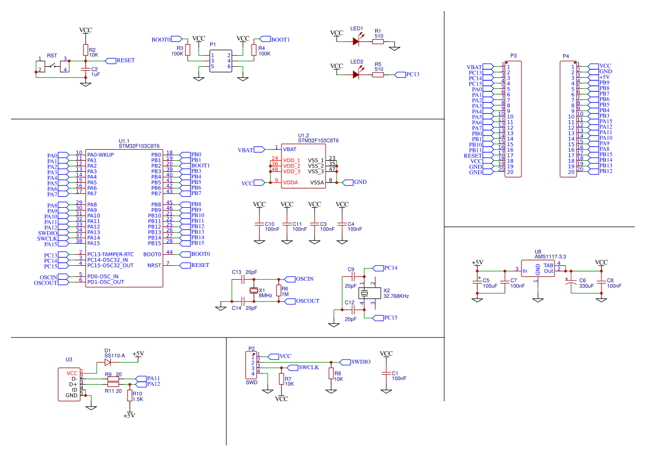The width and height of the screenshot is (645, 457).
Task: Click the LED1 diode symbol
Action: click(356, 41)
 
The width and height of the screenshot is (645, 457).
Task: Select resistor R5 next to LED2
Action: click(378, 75)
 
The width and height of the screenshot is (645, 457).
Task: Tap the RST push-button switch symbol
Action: click(53, 65)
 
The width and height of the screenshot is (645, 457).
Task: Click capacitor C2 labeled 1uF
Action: click(85, 70)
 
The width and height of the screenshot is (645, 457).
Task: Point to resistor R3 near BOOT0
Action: click(188, 50)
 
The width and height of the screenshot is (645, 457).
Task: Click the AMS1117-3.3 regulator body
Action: click(538, 269)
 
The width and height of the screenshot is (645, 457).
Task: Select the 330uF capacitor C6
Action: click(571, 282)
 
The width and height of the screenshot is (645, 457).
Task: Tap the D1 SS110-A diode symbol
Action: click(108, 363)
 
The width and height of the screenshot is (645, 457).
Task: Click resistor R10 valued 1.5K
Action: click(130, 396)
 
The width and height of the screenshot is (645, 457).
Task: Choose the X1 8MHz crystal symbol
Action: click(254, 291)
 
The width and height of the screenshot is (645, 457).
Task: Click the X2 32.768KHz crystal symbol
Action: click(368, 293)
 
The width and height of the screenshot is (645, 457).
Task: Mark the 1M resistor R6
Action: click(279, 291)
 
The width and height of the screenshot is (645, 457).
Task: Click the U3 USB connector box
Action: click(70, 384)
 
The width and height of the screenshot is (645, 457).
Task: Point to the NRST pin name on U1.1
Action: click(155, 265)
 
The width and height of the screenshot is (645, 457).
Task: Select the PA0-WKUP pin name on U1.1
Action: click(100, 155)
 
